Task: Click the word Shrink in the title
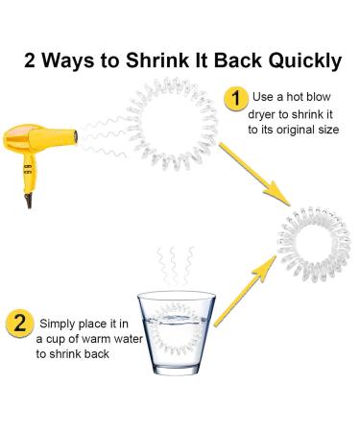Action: pos(157,60)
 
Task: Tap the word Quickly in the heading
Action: pos(305,61)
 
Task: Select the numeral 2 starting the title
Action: pos(30,60)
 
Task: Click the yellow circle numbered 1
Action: pos(236,99)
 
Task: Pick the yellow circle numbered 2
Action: pos(19,324)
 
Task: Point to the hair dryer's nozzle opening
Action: pos(76,137)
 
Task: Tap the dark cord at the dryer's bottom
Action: pos(29,201)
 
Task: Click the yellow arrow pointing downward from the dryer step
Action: pos(254,175)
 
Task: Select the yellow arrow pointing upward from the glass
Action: pos(245,291)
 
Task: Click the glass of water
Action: pos(177,333)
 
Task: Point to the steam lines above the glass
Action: pos(176,265)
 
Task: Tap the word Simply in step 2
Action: pos(58,324)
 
